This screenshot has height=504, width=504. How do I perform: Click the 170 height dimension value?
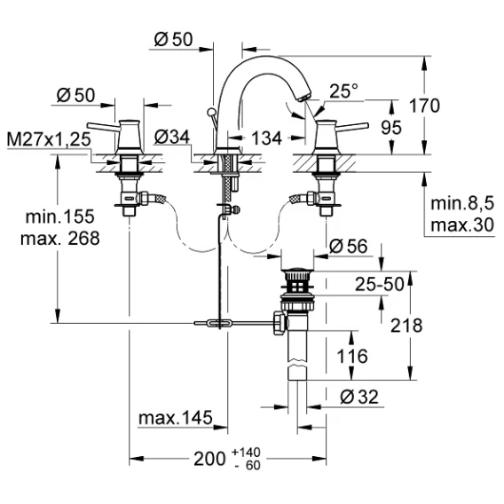pyautogui.click(x=424, y=106)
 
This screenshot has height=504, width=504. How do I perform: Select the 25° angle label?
pyautogui.click(x=343, y=91)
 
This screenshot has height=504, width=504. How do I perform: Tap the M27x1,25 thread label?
pyautogui.click(x=49, y=139)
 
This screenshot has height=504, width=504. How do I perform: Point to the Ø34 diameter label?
pyautogui.click(x=172, y=137)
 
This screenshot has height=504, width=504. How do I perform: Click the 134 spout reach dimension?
pyautogui.click(x=266, y=138)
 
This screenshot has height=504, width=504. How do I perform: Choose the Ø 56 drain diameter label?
pyautogui.click(x=349, y=247)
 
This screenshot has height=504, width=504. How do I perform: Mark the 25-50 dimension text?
pyautogui.click(x=379, y=284)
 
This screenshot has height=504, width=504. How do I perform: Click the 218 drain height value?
pyautogui.click(x=406, y=326)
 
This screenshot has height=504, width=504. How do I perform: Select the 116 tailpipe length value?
pyautogui.click(x=352, y=356)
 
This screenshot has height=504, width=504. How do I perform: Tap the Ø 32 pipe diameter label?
pyautogui.click(x=359, y=397)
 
